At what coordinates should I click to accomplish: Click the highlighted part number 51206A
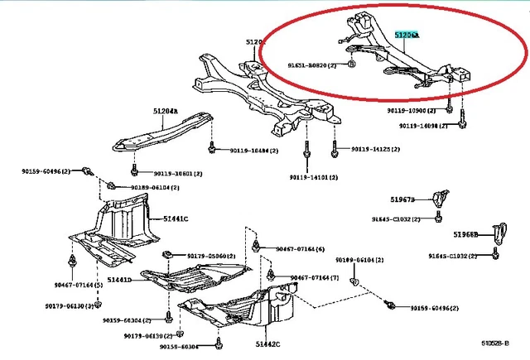coord(407,36)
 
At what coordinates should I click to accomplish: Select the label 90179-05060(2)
coord(214,256)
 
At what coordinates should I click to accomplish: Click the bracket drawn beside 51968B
coord(498,233)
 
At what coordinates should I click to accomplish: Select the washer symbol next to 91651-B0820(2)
coord(351,63)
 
